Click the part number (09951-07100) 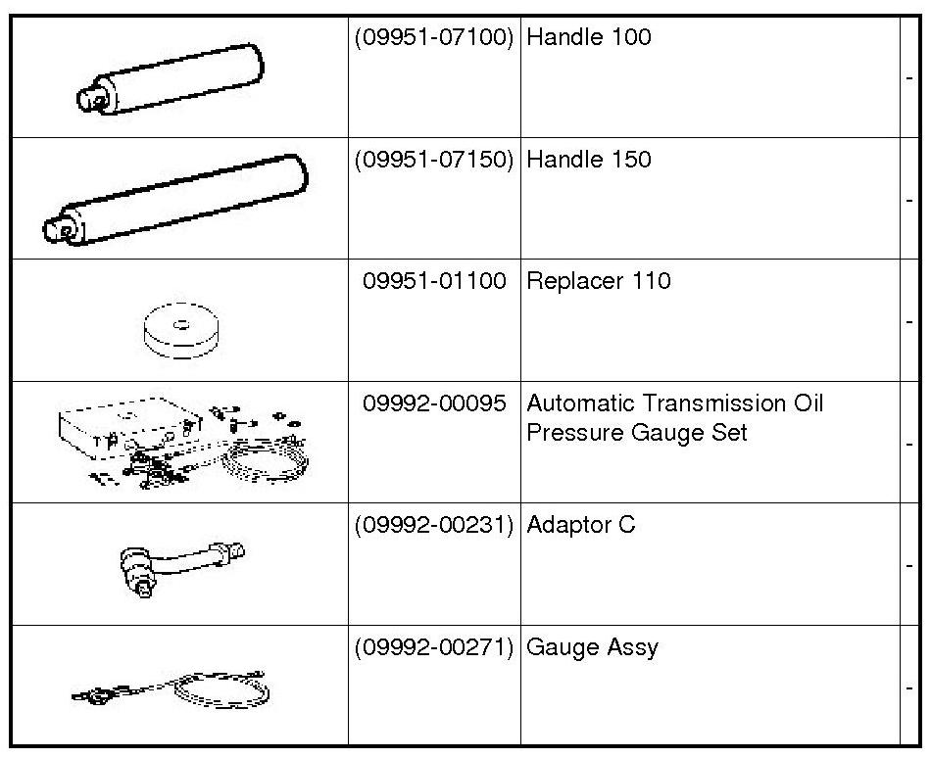pos(433,38)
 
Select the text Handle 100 pos(588,38)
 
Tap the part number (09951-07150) pos(433,160)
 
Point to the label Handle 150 pos(588,160)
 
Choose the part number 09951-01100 pos(434,282)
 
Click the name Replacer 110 pos(598,282)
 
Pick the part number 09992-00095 pos(434,403)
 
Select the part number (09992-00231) pos(433,525)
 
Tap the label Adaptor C pos(580,525)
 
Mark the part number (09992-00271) pos(433,647)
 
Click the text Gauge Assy pos(592,647)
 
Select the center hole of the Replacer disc pos(181,323)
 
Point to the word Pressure pos(569,433)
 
